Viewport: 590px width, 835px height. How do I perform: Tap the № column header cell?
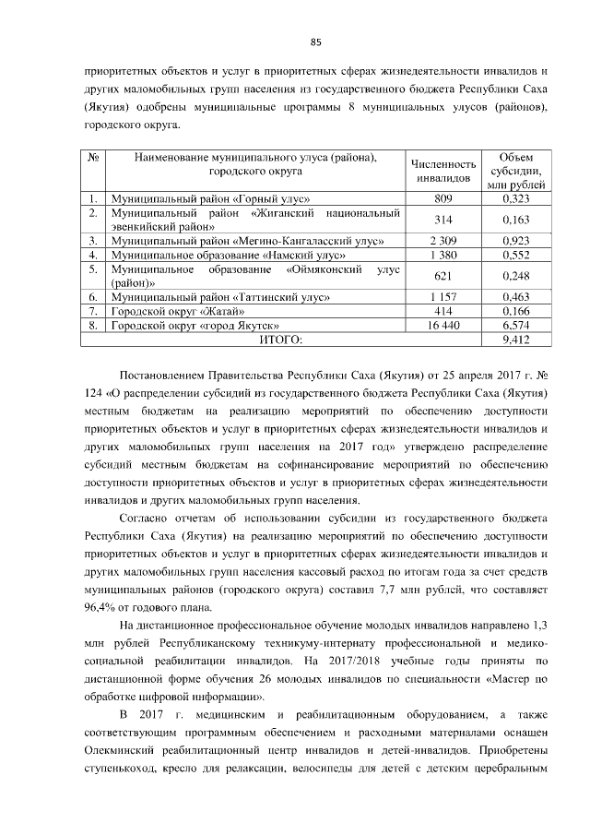93,157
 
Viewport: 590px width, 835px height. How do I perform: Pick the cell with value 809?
443,198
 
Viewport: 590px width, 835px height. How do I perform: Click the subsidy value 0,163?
515,220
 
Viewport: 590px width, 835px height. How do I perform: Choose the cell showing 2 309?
443,240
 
